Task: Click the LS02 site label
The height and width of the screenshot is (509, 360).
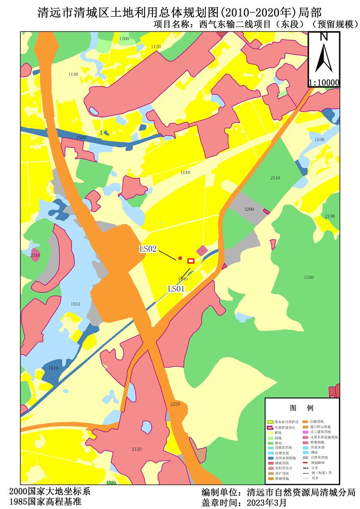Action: pos(148,249)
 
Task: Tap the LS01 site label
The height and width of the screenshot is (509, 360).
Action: pos(177,289)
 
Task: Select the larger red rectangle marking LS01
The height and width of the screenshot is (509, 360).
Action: pos(191,261)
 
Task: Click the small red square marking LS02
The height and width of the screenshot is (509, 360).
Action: pos(180,258)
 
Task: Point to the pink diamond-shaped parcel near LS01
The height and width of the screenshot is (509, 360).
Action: pos(202,251)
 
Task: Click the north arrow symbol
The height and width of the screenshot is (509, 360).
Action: pos(324,55)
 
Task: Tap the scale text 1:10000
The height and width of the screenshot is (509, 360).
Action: pos(324,83)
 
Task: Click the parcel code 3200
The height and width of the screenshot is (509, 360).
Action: pos(249,209)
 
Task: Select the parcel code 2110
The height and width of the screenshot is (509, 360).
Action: pos(275,178)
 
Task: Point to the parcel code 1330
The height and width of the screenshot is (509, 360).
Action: pos(309,277)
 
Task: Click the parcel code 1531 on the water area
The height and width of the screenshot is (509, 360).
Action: pos(75,304)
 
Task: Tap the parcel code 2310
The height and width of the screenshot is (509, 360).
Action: pos(35,255)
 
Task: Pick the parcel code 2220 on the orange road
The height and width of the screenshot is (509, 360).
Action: pos(175,404)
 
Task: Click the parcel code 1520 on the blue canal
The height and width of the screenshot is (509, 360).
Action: pos(81,137)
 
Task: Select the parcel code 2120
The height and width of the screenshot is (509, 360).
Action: pos(137,449)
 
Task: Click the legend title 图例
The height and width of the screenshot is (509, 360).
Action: pos(302,408)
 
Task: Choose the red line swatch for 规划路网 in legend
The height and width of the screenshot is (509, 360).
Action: pos(305,463)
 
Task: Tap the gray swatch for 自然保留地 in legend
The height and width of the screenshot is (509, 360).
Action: pos(305,458)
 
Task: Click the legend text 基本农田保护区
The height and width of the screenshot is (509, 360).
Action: pos(287,422)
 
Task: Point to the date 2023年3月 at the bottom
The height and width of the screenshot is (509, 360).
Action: pos(267,503)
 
